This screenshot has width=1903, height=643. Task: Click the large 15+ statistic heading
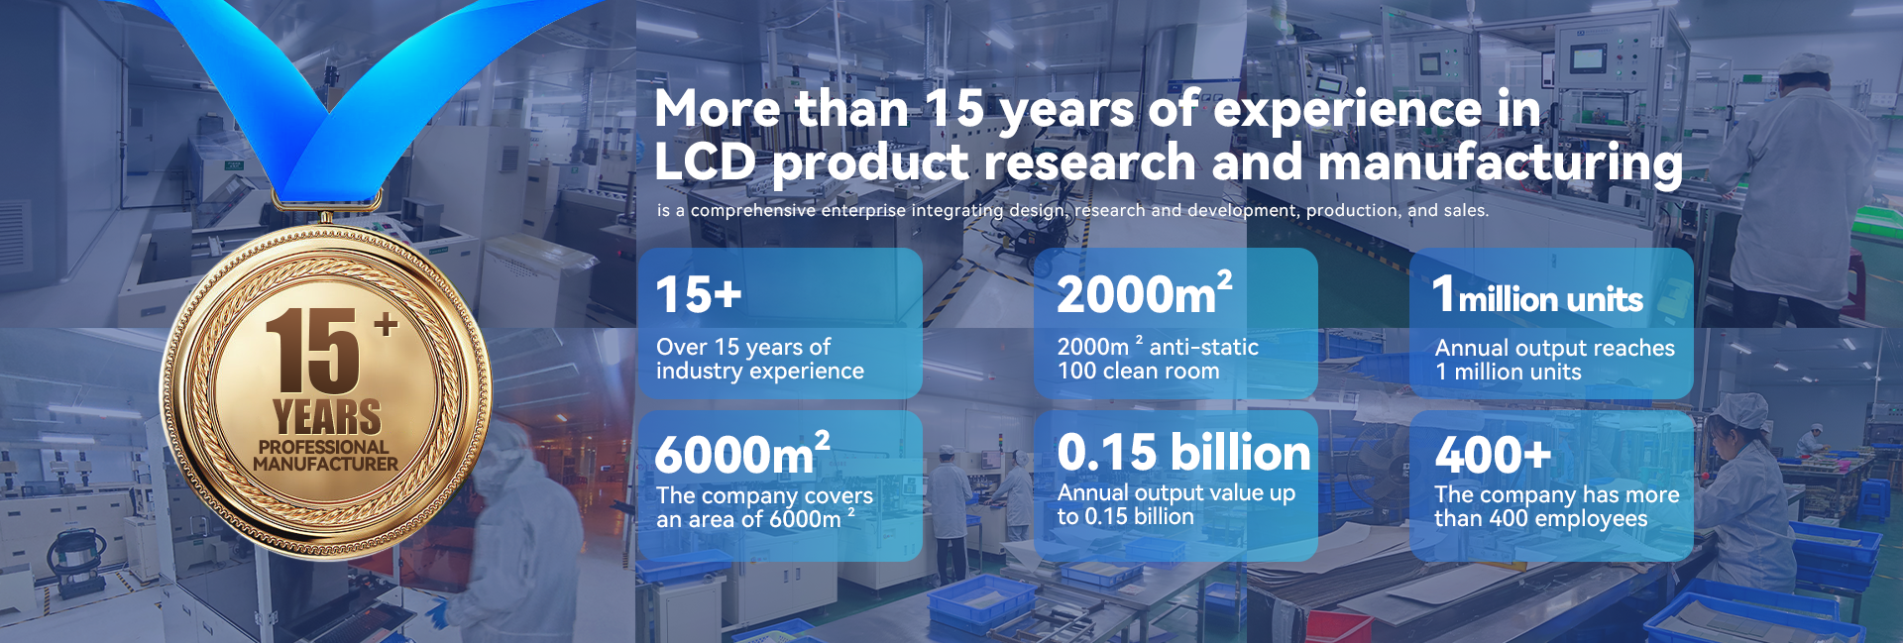[699, 294]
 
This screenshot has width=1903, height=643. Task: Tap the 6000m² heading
[742, 454]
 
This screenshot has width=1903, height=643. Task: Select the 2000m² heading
[1145, 293]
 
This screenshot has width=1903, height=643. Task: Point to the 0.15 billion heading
[1183, 453]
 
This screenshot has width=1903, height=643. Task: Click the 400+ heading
[1493, 456]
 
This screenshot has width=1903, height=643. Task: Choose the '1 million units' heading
[1537, 295]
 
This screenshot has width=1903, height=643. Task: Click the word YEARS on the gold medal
[327, 417]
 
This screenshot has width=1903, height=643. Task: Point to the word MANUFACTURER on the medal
[325, 464]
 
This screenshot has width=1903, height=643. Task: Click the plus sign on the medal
[386, 324]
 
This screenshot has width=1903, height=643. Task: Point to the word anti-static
[1203, 347]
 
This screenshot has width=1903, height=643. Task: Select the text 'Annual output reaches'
[1554, 348]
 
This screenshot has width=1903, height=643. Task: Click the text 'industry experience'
[760, 372]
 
